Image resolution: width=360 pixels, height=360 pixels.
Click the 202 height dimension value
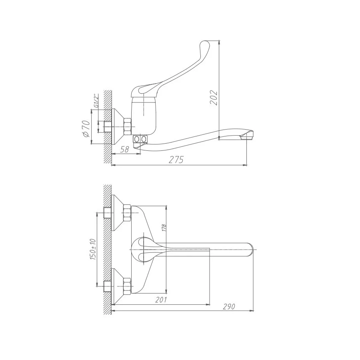tap(214, 98)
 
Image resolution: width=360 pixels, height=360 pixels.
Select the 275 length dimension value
tap(176, 160)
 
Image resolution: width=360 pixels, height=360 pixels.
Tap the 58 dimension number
tap(124, 150)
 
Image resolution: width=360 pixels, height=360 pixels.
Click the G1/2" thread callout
tap(96, 100)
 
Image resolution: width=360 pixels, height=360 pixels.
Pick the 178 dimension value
tap(164, 228)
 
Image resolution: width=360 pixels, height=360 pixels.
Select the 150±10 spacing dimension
tap(93, 249)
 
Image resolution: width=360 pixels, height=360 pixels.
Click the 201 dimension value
tap(161, 300)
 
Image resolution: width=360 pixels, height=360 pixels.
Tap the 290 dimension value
tap(229, 306)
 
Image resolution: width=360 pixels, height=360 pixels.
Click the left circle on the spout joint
tap(137, 139)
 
